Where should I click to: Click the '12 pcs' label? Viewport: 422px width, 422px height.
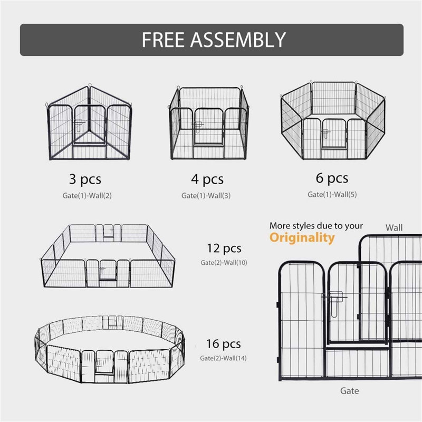click(x=225, y=248)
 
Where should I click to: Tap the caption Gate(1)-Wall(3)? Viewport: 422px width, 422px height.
click(x=209, y=196)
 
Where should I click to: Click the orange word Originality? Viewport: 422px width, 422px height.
click(x=302, y=238)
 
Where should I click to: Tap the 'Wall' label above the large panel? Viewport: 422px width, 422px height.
click(x=394, y=228)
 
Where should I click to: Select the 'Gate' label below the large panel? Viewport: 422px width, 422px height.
click(x=349, y=391)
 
